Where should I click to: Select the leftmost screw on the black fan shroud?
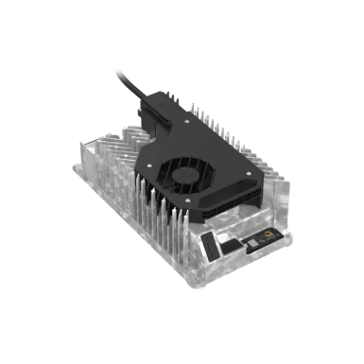point(142,163)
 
